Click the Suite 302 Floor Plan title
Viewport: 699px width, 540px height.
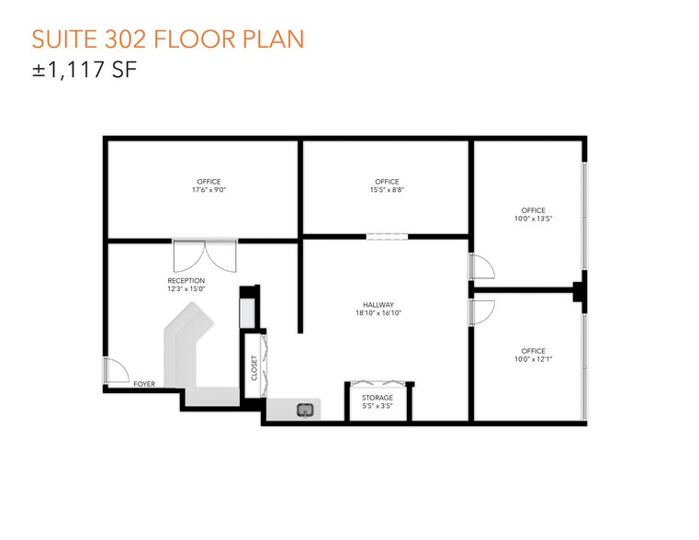[x=168, y=39]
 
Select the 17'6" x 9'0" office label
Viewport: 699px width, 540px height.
[x=209, y=186]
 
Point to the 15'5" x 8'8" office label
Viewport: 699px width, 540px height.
[x=387, y=186]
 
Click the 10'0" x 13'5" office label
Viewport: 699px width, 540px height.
[x=533, y=215]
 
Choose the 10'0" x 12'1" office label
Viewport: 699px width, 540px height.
[x=533, y=355]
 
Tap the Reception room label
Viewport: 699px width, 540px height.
[x=186, y=285]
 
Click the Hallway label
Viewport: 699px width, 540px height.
[x=378, y=309]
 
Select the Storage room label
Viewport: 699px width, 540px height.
[x=378, y=401]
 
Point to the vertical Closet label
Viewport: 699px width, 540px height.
[x=254, y=368]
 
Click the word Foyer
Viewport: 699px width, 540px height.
[x=144, y=384]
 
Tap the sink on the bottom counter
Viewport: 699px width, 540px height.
[x=306, y=410]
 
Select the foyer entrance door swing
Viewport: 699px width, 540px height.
[x=116, y=371]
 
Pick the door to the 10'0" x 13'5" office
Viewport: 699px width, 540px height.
[x=481, y=266]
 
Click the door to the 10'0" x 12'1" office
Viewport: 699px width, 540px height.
[x=481, y=313]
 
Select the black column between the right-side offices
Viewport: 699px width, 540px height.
[x=580, y=289]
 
